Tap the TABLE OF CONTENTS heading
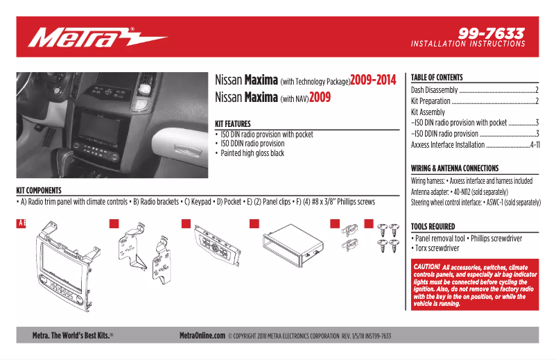(437, 77)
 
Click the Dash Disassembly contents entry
(434, 90)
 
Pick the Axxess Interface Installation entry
(447, 144)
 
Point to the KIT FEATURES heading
(233, 123)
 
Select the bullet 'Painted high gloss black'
(252, 153)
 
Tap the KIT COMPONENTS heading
(39, 190)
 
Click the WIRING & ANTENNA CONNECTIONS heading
(454, 168)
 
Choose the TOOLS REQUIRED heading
(433, 226)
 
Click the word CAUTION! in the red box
(426, 266)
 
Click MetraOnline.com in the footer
(202, 336)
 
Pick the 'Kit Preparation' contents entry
(431, 101)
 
